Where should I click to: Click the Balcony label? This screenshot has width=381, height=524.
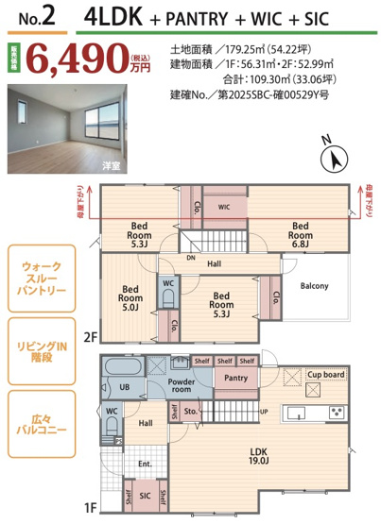[314, 285]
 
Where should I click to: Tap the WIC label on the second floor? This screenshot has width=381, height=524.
[225, 207]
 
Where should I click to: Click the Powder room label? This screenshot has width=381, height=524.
[182, 384]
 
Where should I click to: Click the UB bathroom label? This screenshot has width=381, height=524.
[124, 387]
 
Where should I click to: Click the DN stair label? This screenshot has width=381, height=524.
[192, 257]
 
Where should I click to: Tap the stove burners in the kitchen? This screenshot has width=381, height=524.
[337, 414]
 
